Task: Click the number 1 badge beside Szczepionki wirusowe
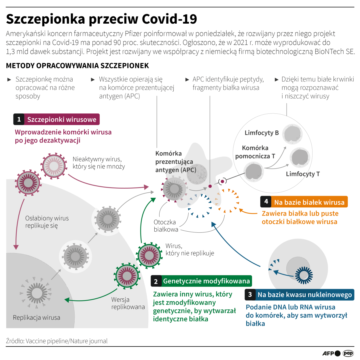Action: pyautogui.click(x=19, y=120)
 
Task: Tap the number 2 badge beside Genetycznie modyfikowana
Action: pyautogui.click(x=156, y=281)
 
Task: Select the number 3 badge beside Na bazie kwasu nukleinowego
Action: pyautogui.click(x=250, y=295)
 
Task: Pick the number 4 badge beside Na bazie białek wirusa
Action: pyautogui.click(x=266, y=202)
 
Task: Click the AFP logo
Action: pyautogui.click(x=331, y=353)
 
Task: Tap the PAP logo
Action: pyautogui.click(x=348, y=353)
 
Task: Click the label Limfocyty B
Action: pyautogui.click(x=262, y=133)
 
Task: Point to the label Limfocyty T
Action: pyautogui.click(x=303, y=174)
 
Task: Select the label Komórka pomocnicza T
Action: pyautogui.click(x=255, y=152)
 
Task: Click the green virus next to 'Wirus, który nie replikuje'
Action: pyautogui.click(x=149, y=255)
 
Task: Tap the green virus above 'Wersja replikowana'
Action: pyautogui.click(x=127, y=276)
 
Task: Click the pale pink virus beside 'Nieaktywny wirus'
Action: pyautogui.click(x=54, y=166)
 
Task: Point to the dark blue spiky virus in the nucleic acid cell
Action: pyautogui.click(x=304, y=275)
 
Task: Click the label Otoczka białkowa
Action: pyautogui.click(x=165, y=226)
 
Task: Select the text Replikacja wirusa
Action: pyautogui.click(x=37, y=318)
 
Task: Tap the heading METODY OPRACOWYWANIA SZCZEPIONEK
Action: pyautogui.click(x=77, y=66)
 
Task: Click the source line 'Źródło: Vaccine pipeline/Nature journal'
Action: pyautogui.click(x=57, y=341)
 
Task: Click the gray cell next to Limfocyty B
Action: pyautogui.click(x=292, y=134)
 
